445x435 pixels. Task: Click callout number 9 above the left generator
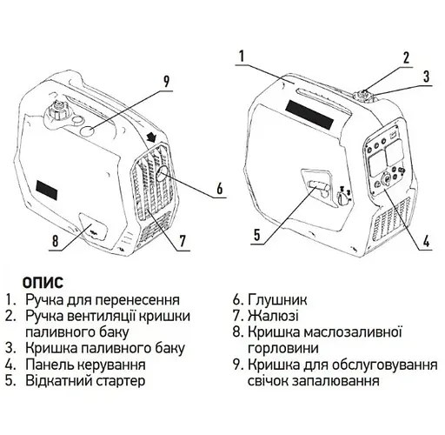[166, 81]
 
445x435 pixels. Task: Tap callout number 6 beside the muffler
[220, 188]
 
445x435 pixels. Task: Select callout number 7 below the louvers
[183, 241]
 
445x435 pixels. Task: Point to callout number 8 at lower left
[56, 241]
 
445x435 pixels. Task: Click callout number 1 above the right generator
[242, 57]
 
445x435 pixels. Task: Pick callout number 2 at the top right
[407, 57]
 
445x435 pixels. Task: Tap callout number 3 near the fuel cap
[426, 77]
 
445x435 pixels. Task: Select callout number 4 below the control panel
[426, 241]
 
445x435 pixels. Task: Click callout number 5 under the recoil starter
[257, 235]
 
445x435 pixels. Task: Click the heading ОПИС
[43, 283]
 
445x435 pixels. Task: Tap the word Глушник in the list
[277, 300]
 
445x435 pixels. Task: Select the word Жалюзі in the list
[273, 316]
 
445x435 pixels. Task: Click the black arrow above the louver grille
[151, 136]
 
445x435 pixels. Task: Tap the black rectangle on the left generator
[47, 190]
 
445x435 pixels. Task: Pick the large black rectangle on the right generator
[309, 115]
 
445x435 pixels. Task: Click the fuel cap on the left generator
[58, 110]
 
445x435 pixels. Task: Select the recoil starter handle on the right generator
[318, 186]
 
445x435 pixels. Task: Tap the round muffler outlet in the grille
[163, 174]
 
